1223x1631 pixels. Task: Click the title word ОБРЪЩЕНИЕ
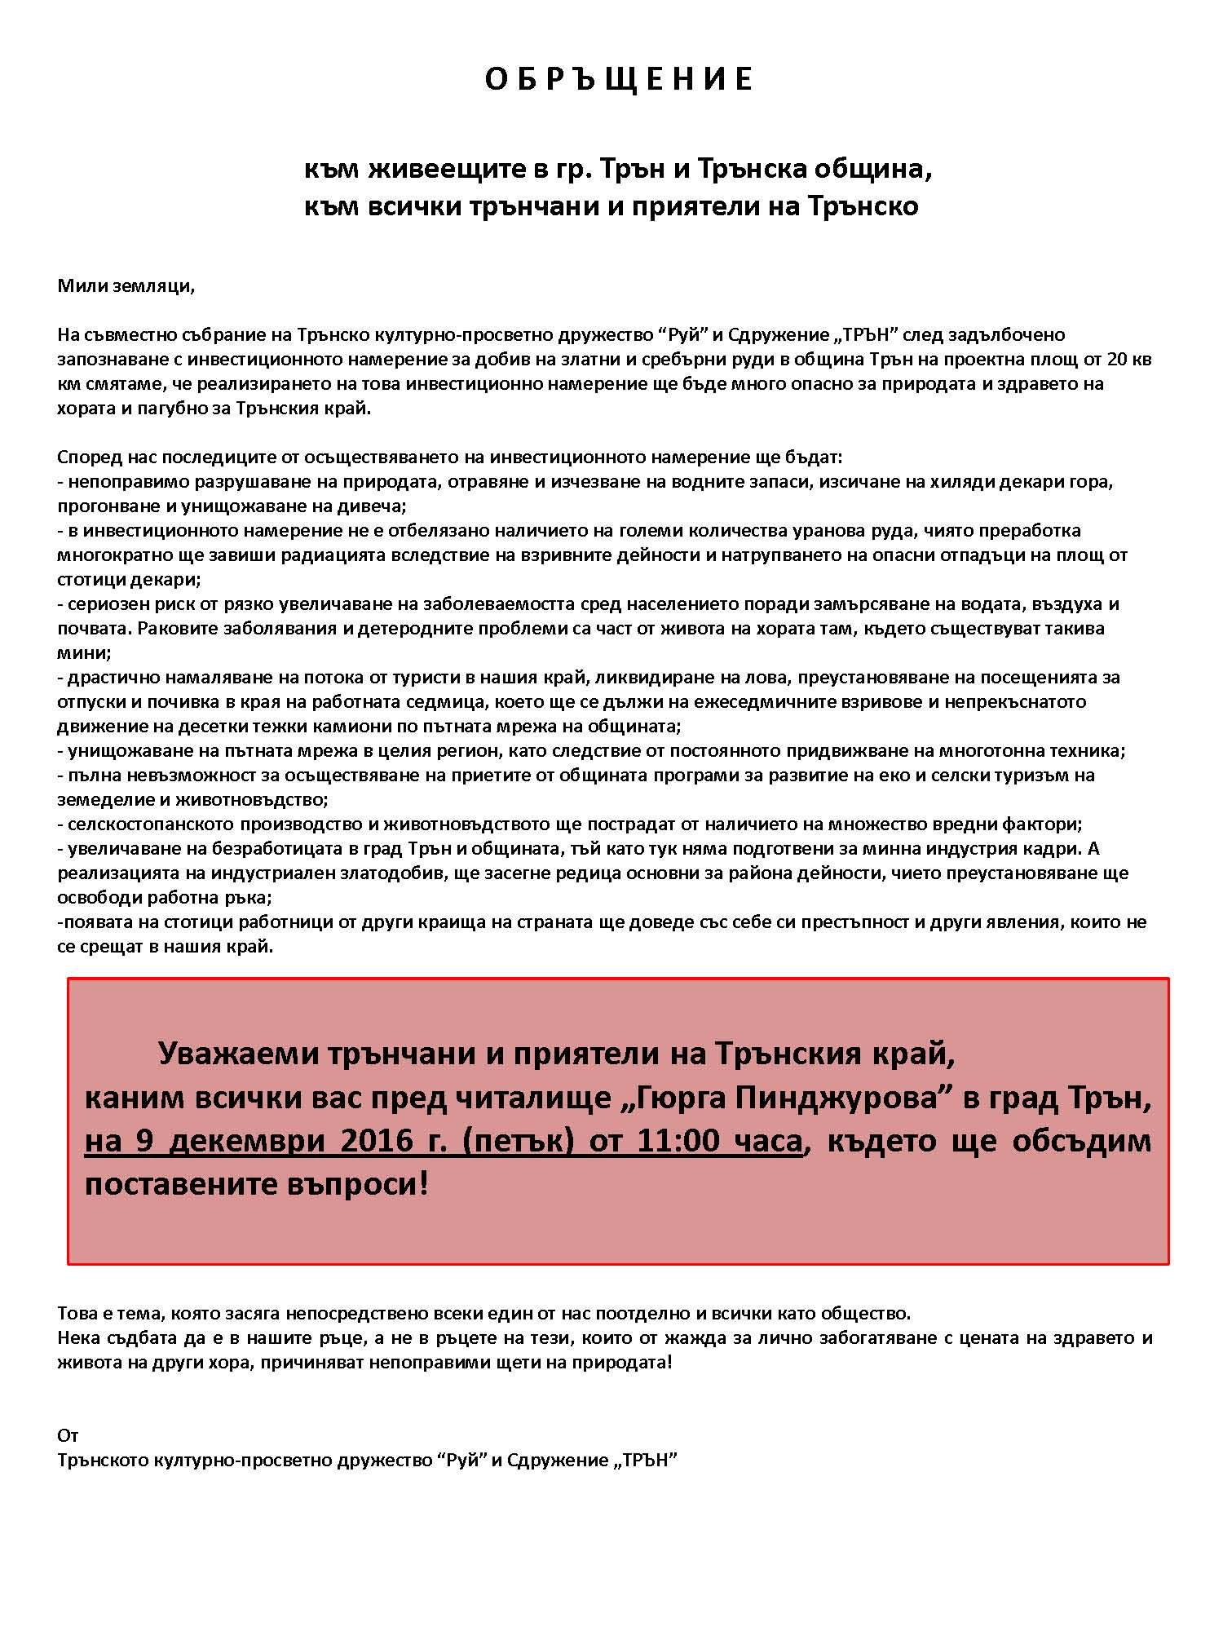[x=619, y=80]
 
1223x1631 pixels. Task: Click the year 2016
[x=363, y=1142]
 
